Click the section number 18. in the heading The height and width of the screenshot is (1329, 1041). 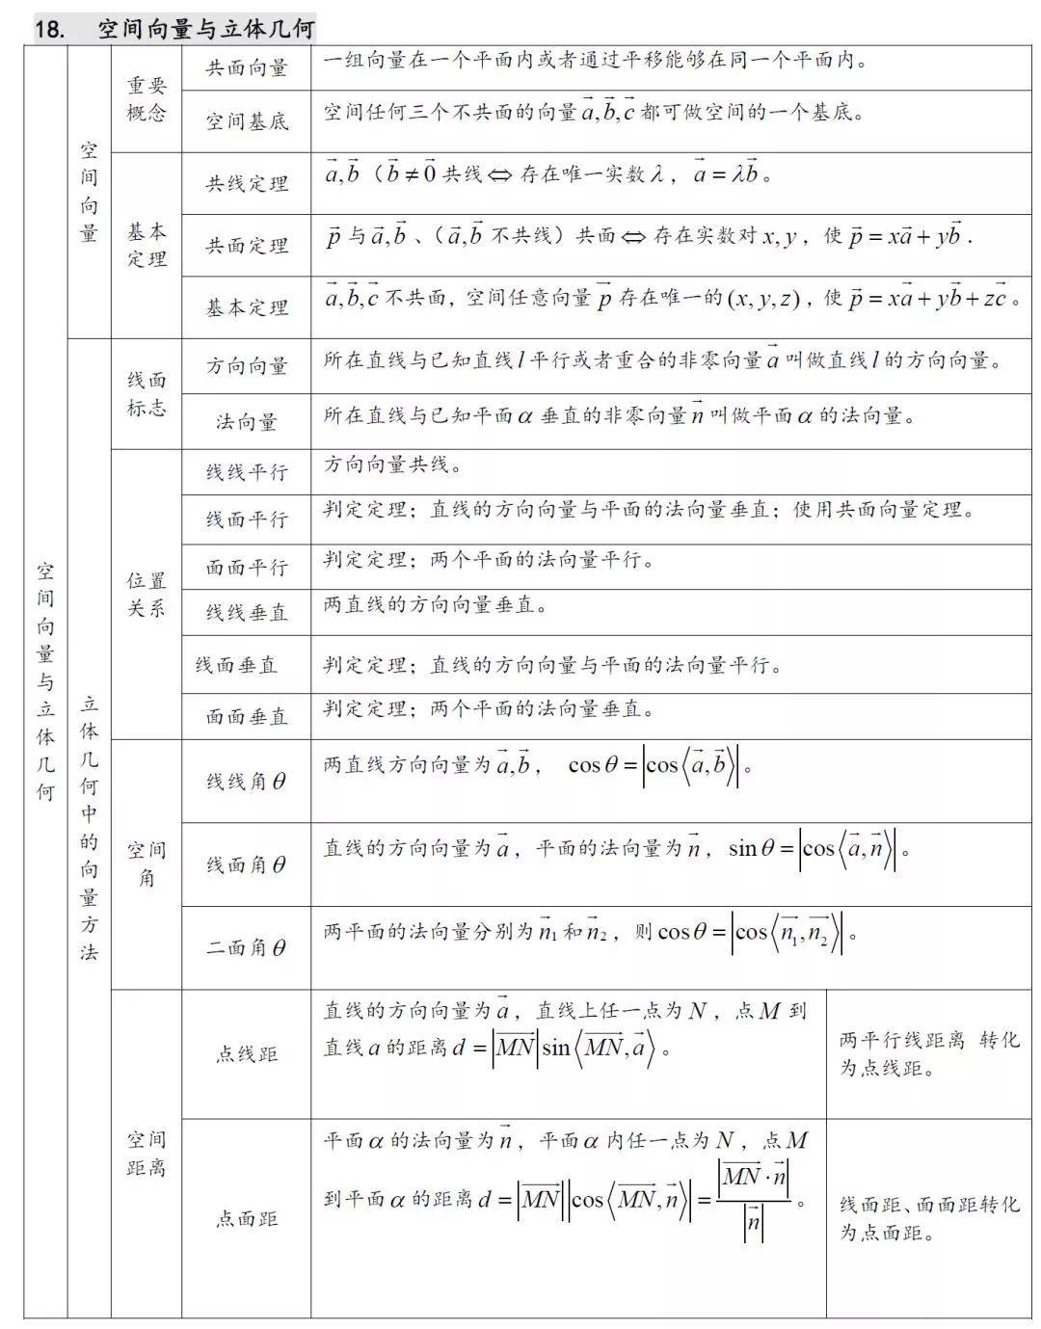pyautogui.click(x=50, y=29)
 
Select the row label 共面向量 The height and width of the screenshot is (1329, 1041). pyautogui.click(x=247, y=67)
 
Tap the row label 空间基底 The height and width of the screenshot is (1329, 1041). pyautogui.click(x=247, y=121)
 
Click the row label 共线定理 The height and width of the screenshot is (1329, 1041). pyautogui.click(x=247, y=183)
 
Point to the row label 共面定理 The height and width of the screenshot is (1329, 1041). pyautogui.click(x=247, y=246)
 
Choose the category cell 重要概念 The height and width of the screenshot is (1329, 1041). pyautogui.click(x=147, y=99)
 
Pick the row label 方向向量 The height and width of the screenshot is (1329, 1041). pyautogui.click(x=247, y=366)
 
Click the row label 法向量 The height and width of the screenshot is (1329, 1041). pyautogui.click(x=247, y=421)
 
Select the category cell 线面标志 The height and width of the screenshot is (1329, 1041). pyautogui.click(x=147, y=393)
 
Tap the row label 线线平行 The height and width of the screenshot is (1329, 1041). pyautogui.click(x=247, y=472)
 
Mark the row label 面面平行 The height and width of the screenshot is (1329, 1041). pyautogui.click(x=247, y=567)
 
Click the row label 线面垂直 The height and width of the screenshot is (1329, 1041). pyautogui.click(x=237, y=665)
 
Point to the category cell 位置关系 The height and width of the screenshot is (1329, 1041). pyautogui.click(x=147, y=594)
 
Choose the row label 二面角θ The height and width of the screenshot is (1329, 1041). pyautogui.click(x=247, y=947)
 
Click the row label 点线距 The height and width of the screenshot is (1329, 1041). pyautogui.click(x=247, y=1054)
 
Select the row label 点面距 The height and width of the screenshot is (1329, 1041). pyautogui.click(x=247, y=1219)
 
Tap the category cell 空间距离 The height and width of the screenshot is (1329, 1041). pyautogui.click(x=147, y=1154)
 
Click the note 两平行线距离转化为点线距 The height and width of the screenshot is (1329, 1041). pyautogui.click(x=928, y=1054)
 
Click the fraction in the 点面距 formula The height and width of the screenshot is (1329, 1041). pyautogui.click(x=753, y=1201)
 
